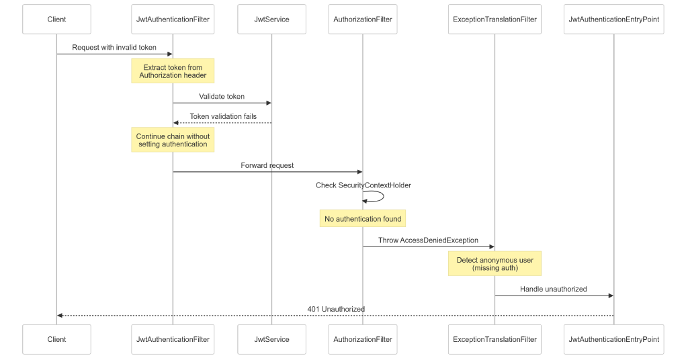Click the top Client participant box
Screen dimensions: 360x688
pos(56,19)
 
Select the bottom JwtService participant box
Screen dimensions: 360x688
pos(271,339)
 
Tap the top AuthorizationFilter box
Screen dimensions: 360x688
pos(362,19)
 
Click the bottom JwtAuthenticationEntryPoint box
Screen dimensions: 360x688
pos(613,339)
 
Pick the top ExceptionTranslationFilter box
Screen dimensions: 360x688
pos(494,19)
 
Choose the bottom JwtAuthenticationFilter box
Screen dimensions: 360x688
pos(173,339)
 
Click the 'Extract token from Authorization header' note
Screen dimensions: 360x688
pos(173,71)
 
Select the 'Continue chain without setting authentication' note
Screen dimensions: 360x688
pos(173,140)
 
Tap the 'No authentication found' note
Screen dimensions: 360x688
pos(363,219)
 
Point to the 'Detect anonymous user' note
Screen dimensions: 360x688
pos(494,263)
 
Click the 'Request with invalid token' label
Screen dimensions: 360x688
pos(114,48)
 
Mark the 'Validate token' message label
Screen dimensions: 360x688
pos(222,97)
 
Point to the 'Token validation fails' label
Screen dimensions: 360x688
pos(222,116)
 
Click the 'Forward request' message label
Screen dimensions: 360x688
pos(267,165)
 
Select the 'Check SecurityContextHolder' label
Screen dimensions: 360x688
pos(363,185)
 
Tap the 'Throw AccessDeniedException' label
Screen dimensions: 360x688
pos(428,240)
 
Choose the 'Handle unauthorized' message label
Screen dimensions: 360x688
pos(553,289)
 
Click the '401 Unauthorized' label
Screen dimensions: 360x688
pos(336,309)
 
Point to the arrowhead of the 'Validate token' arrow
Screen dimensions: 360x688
pos(268,103)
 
